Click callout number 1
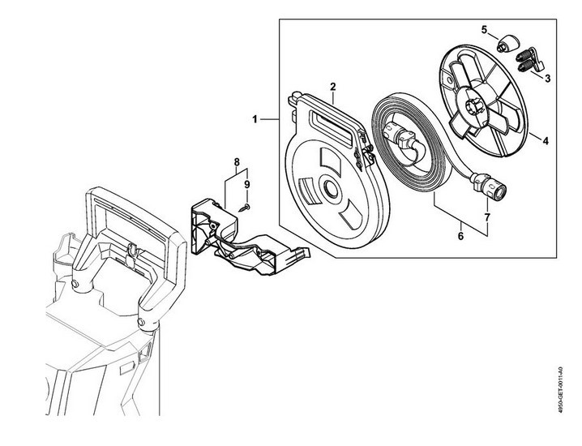tap(255, 119)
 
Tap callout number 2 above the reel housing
tap(333, 87)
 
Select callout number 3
tap(547, 79)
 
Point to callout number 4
tap(546, 141)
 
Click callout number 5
tap(484, 30)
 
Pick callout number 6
tap(460, 236)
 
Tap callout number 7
tap(487, 217)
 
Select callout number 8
tap(237, 162)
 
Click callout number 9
tap(247, 185)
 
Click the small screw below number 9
tap(245, 208)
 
